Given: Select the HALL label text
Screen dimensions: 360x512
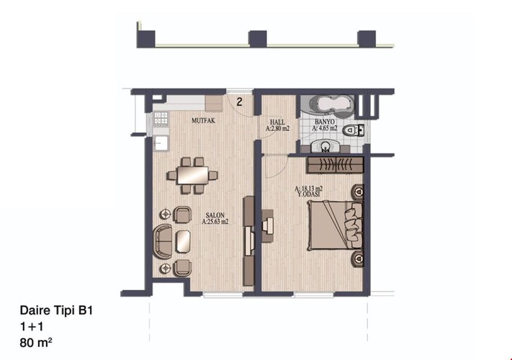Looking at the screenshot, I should click(277, 122).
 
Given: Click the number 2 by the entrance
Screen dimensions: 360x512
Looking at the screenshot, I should click(239, 101).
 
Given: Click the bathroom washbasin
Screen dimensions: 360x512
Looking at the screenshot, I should click(329, 144).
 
